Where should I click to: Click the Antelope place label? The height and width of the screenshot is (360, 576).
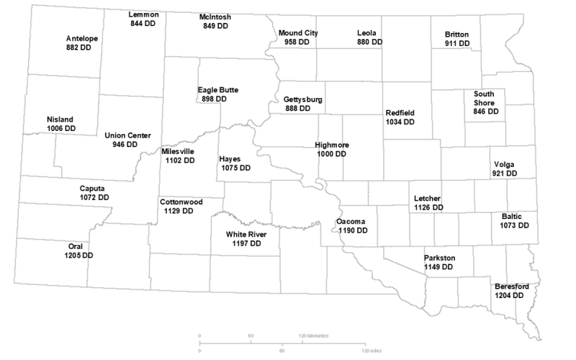[x=82, y=37]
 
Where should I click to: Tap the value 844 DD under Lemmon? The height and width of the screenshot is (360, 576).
[x=143, y=23]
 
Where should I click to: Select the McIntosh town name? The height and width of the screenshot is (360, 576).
[x=215, y=17]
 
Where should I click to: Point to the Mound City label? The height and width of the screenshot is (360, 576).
[x=298, y=33]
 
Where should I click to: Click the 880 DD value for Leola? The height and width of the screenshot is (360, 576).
[x=370, y=42]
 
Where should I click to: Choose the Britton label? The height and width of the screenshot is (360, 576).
[x=457, y=34]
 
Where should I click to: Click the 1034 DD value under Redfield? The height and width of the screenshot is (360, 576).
[x=400, y=122]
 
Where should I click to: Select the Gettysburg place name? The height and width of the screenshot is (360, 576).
[x=303, y=99]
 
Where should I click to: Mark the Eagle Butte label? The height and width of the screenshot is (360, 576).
[x=218, y=90]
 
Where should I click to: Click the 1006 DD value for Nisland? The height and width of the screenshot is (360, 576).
[x=60, y=128]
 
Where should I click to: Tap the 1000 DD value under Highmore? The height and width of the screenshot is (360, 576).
[x=331, y=154]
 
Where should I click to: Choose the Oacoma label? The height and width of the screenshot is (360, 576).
[x=352, y=221]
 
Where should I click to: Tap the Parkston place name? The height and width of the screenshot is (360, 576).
[x=439, y=257]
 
